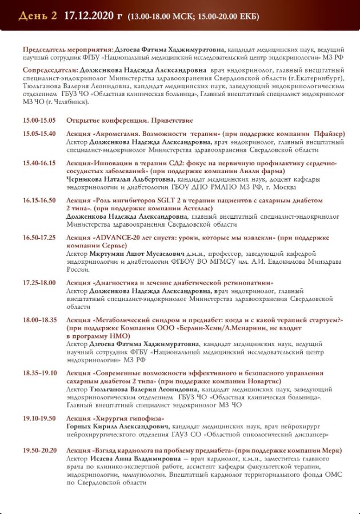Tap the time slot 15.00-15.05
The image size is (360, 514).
coord(39,121)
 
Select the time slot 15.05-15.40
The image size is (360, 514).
coord(39,134)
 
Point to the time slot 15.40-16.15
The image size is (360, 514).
coord(39,163)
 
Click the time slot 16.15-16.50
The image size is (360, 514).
coord(39,200)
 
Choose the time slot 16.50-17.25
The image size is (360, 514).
coord(39,237)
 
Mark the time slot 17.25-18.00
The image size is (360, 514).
coord(39,283)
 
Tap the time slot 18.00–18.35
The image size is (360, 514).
coord(40,320)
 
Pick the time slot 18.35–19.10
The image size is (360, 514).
coord(40,373)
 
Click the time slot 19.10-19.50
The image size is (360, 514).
coord(39,419)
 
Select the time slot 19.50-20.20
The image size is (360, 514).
coord(39,451)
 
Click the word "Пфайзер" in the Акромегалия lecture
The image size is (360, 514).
coord(329,134)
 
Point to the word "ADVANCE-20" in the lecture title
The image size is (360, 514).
coord(123,237)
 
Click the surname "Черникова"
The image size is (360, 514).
coord(86,179)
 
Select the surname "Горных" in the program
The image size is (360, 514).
coord(79,427)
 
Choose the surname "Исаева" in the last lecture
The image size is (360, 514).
coord(103,459)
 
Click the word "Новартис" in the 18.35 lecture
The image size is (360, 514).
coord(261,381)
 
